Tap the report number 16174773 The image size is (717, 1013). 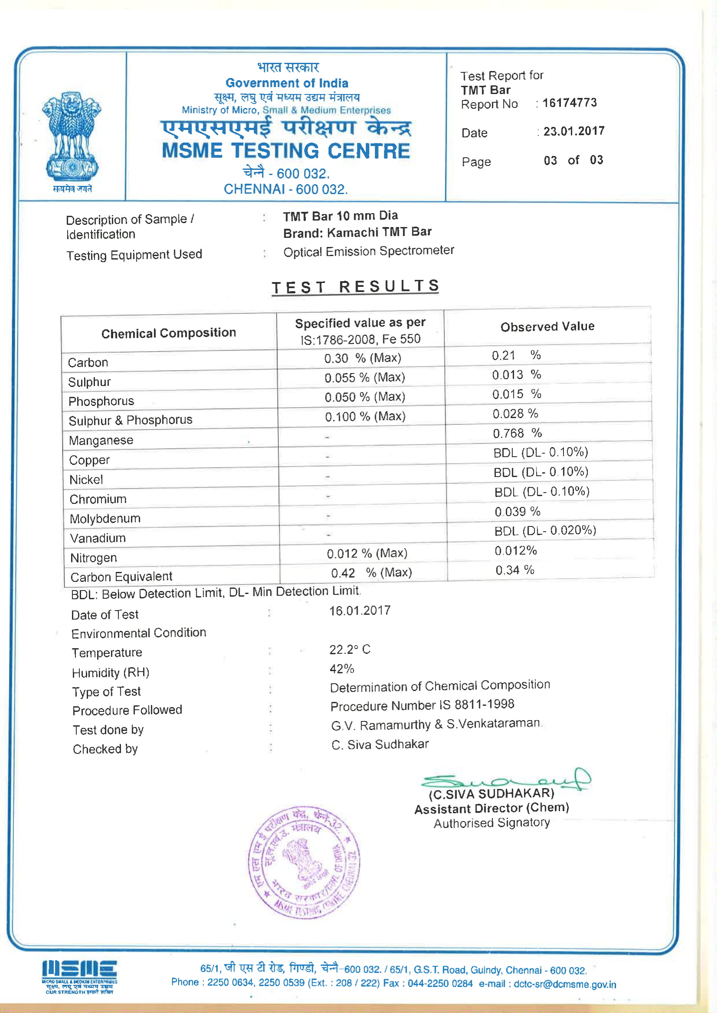coord(569,103)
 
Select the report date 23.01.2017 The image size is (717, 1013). coord(574,131)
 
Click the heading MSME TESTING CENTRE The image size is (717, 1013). coord(286,151)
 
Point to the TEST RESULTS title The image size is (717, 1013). coord(355,287)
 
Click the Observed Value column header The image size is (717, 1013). coord(547,327)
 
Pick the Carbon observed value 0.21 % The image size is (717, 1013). coord(516,355)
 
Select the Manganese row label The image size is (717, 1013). coord(101,440)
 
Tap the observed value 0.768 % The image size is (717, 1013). coord(517,433)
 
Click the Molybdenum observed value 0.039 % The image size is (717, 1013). coord(517,511)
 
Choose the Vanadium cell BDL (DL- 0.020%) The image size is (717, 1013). coord(545,530)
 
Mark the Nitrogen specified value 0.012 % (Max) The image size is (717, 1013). coord(366,553)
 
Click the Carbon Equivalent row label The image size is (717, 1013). coord(121,577)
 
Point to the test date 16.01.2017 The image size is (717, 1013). coord(359,610)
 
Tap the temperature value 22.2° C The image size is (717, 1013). coord(350,649)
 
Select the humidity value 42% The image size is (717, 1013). coord(342,669)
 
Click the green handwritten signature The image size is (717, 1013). coord(505,780)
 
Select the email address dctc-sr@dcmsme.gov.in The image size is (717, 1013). coord(565,984)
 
